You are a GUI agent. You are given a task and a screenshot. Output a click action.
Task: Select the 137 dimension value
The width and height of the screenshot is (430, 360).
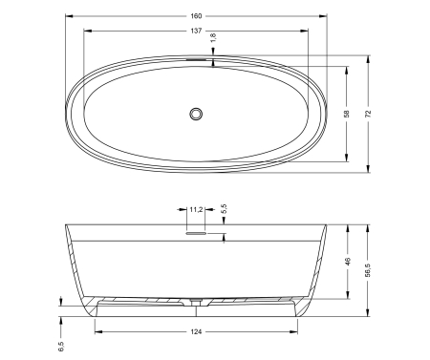click(x=196, y=31)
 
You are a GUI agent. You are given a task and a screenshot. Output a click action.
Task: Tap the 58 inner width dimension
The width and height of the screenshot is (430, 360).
click(x=347, y=114)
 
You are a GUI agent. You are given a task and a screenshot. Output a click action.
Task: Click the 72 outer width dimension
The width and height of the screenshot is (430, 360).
click(x=368, y=114)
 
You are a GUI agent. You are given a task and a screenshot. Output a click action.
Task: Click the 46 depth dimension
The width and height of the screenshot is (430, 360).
click(x=347, y=260)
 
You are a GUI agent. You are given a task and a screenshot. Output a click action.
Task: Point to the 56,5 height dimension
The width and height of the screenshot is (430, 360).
click(x=368, y=270)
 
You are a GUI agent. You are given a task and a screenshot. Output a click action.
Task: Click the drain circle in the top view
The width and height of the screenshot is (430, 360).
click(x=197, y=114)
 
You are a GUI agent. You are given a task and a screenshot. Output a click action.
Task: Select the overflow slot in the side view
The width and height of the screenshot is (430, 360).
click(x=196, y=231)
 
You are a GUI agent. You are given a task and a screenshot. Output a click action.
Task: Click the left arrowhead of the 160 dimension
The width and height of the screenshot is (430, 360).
click(x=69, y=17)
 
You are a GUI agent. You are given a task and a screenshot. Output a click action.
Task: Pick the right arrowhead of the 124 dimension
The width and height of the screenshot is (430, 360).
click(x=294, y=331)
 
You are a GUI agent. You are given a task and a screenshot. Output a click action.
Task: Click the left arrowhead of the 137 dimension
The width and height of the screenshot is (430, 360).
click(x=87, y=31)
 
